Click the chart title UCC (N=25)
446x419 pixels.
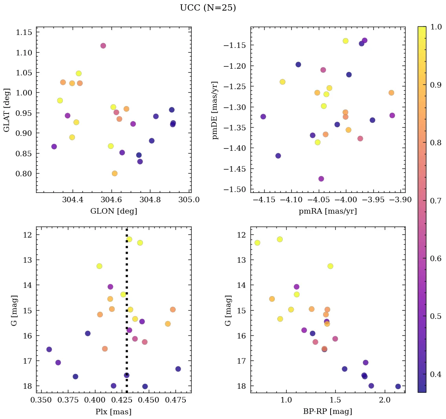pyautogui.click(x=208, y=8)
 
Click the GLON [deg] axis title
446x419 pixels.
pyautogui.click(x=114, y=211)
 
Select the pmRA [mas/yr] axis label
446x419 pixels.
pyautogui.click(x=328, y=211)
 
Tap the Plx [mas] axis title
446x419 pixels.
pyautogui.click(x=113, y=412)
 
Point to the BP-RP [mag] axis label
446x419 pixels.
pyautogui.click(x=328, y=412)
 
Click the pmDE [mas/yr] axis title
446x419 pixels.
pyautogui.click(x=215, y=110)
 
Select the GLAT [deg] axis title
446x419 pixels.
pyautogui.click(x=7, y=110)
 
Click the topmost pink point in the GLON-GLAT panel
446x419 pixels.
pyautogui.click(x=103, y=46)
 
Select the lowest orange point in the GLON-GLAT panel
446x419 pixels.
pyautogui.click(x=115, y=174)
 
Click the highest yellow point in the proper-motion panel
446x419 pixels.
pyautogui.click(x=345, y=41)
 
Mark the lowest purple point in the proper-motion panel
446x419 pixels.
pyautogui.click(x=321, y=179)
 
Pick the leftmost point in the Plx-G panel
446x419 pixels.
pyautogui.click(x=49, y=349)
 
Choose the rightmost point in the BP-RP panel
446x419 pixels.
pyautogui.click(x=398, y=386)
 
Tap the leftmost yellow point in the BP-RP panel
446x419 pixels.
pyautogui.click(x=257, y=243)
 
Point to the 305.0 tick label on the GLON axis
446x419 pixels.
pyautogui.click(x=189, y=200)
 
